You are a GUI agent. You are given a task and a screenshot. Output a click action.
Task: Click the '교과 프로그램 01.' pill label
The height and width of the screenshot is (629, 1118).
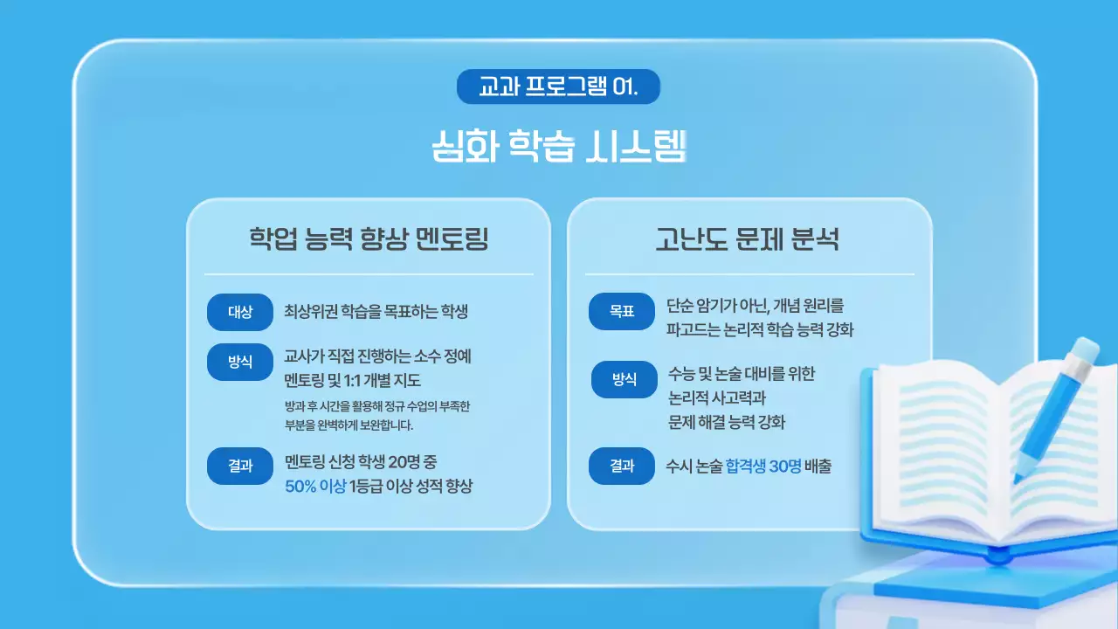pos(558,87)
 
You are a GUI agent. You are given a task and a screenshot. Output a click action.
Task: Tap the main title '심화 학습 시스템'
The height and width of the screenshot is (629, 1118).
pos(559,146)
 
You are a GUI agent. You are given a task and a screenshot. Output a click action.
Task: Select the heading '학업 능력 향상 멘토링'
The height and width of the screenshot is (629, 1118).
pos(369,238)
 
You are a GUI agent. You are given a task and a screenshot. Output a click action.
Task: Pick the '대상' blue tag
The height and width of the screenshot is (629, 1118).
pos(240,313)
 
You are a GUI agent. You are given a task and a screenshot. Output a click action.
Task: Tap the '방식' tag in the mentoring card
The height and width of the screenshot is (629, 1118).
pos(240,363)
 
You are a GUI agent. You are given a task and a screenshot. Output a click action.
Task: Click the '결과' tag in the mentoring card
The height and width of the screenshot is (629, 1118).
pos(240,466)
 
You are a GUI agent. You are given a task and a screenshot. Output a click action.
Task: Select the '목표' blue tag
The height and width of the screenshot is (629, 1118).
pos(621,311)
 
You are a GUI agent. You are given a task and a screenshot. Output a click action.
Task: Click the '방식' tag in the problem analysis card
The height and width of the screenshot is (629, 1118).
pos(625,379)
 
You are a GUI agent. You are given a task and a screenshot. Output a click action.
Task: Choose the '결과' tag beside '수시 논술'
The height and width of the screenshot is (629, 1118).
pos(621,467)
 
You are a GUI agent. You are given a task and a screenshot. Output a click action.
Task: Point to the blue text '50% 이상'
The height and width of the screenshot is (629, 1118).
pos(315,487)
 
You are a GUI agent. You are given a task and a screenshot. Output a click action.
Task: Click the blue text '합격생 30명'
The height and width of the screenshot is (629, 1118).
pos(763,467)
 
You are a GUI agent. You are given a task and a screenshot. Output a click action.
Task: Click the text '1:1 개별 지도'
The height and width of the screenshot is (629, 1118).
pos(384,381)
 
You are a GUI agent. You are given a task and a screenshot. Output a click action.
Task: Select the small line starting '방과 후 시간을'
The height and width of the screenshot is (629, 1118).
pos(377,406)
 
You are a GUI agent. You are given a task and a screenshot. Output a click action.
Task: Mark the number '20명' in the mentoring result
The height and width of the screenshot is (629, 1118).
pos(410,460)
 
